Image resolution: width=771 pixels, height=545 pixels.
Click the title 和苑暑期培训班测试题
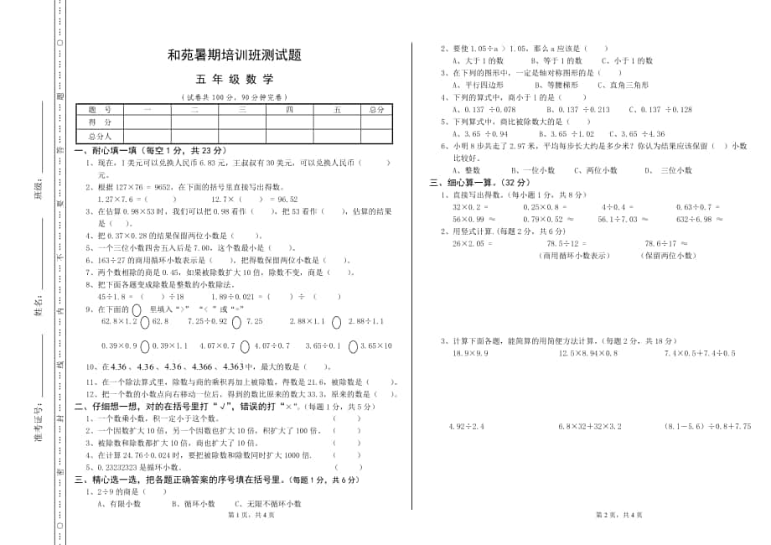(234, 56)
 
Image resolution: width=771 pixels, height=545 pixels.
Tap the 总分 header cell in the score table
(376, 110)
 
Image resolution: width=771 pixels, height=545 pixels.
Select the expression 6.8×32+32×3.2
(591, 427)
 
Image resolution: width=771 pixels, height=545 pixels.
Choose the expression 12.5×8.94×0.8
(587, 353)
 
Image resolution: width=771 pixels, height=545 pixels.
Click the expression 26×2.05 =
(473, 243)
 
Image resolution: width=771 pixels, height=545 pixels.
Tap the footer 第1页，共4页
(235, 514)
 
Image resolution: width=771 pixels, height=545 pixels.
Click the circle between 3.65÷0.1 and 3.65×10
(352, 345)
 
